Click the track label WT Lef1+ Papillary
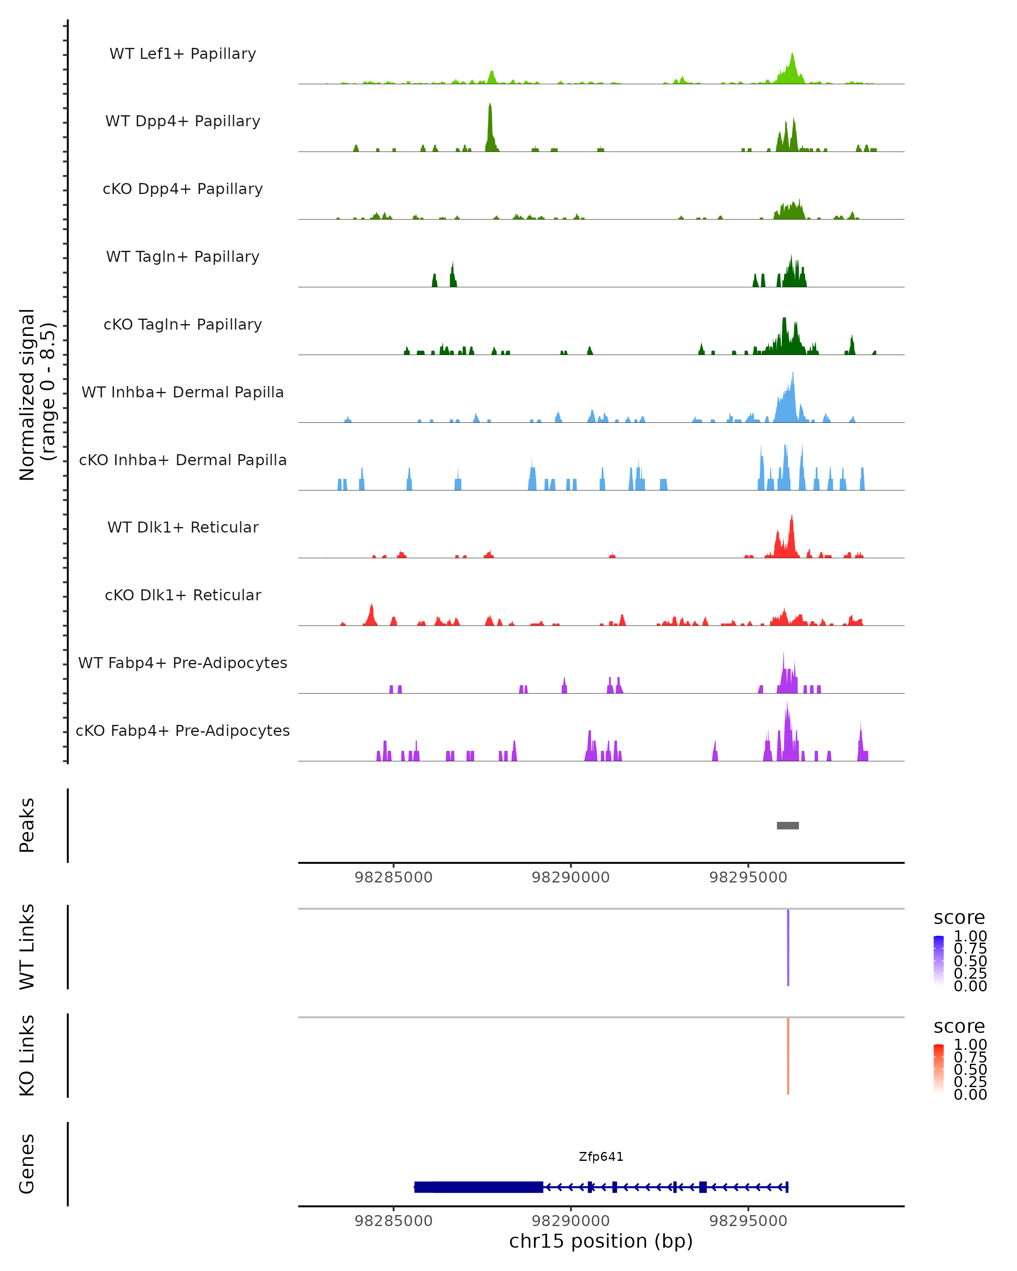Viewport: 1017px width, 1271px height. click(x=183, y=54)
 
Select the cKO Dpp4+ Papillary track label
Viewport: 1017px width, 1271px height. click(x=183, y=189)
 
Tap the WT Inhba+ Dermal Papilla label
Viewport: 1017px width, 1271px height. click(x=183, y=392)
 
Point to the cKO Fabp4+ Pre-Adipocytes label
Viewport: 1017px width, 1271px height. click(x=183, y=730)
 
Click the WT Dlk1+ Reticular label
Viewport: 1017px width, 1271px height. click(x=183, y=527)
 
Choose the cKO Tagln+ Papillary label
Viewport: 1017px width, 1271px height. click(x=183, y=324)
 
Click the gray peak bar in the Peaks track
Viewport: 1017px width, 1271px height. click(x=788, y=825)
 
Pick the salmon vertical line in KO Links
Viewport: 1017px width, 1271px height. click(x=788, y=1056)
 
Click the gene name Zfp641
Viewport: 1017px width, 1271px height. click(x=601, y=1157)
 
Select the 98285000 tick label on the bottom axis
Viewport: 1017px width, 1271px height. click(x=393, y=1221)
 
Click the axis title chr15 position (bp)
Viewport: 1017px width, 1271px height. click(x=601, y=1241)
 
